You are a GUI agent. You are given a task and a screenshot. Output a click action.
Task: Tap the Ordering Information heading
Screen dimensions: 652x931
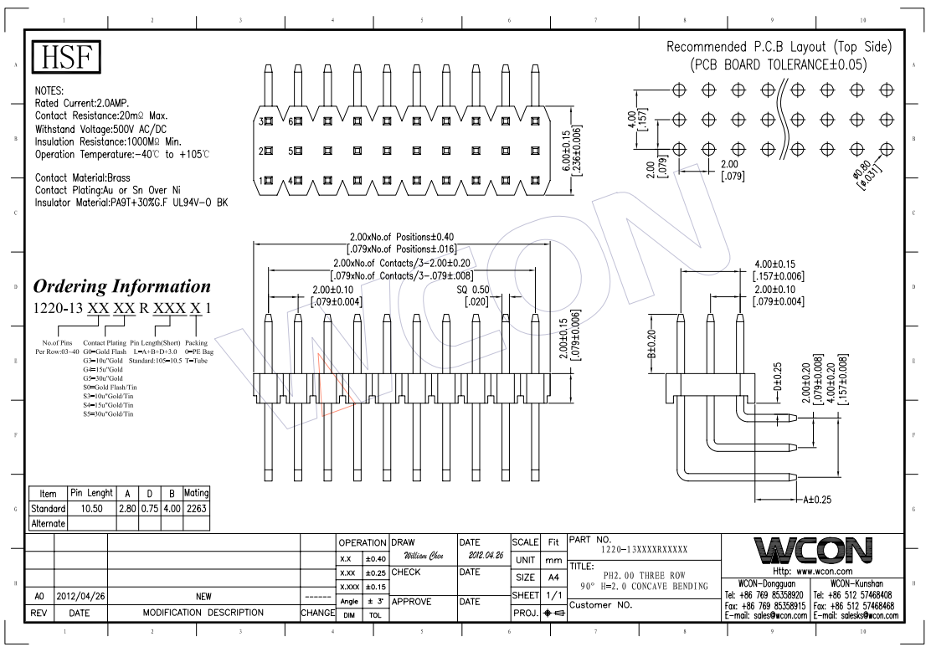121,286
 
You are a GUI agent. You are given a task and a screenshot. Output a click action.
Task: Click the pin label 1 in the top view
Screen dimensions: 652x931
261,180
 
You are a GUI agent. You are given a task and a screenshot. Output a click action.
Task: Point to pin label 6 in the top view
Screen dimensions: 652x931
291,122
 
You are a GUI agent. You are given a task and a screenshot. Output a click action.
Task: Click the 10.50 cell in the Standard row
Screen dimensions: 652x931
90,508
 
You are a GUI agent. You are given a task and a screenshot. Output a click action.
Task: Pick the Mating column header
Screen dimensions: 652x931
197,494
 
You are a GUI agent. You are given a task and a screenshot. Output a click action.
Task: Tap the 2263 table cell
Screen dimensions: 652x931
197,508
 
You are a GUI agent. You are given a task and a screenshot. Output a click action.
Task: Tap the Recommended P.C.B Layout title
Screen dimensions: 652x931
779,46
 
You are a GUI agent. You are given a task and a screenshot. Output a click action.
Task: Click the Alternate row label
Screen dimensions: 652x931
48,523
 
